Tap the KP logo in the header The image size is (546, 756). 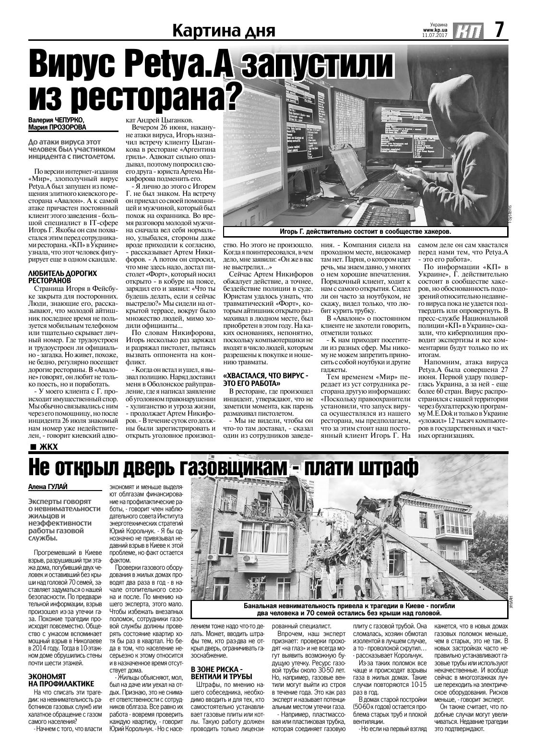pyautogui.click(x=468, y=31)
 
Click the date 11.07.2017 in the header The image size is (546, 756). pyautogui.click(x=434, y=35)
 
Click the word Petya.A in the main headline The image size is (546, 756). pyautogui.click(x=181, y=64)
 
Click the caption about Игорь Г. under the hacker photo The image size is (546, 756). pyautogui.click(x=365, y=232)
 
